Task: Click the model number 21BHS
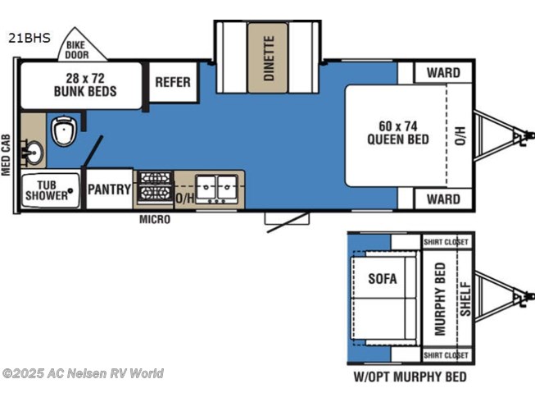click(29, 38)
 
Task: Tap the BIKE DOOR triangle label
click(77, 50)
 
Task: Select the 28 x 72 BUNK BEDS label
click(85, 85)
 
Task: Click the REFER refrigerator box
click(173, 82)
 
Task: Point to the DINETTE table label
click(270, 58)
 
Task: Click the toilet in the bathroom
click(64, 131)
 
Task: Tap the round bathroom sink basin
click(34, 153)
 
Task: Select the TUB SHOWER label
click(47, 190)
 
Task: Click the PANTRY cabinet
click(109, 189)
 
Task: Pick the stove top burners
click(155, 186)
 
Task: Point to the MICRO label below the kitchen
click(155, 219)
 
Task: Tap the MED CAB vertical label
click(6, 155)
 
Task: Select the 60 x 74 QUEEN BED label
click(398, 133)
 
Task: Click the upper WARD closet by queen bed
click(443, 73)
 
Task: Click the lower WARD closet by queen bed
click(443, 199)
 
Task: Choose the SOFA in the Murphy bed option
click(383, 279)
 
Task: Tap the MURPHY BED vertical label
click(441, 299)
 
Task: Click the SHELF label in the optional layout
click(465, 299)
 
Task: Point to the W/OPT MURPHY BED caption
click(410, 377)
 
